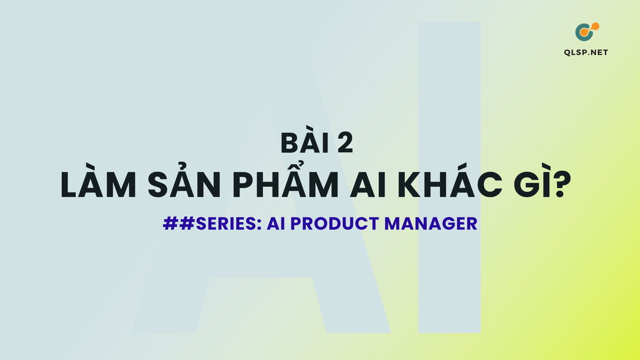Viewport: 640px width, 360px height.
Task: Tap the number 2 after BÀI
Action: [343, 145]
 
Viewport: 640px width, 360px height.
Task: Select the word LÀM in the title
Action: [97, 186]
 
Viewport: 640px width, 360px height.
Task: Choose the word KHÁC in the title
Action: [442, 186]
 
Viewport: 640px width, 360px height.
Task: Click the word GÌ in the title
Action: [527, 186]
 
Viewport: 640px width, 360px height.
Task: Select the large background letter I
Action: [449, 176]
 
